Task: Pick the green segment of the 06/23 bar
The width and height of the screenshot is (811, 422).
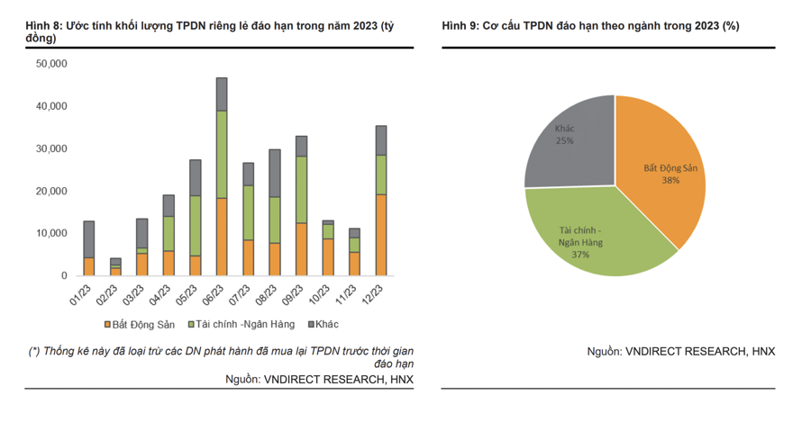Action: [x=222, y=154]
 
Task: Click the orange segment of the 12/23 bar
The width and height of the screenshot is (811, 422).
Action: [x=381, y=235]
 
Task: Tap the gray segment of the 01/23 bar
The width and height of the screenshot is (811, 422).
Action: [x=88, y=239]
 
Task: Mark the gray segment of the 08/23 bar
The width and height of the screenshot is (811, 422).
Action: [x=275, y=173]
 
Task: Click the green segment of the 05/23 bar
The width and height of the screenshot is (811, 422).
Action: [x=195, y=226]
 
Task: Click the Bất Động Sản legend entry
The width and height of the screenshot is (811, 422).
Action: [x=141, y=324]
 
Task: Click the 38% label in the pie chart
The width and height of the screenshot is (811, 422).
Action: [x=669, y=180]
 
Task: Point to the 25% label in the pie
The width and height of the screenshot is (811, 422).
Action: [x=565, y=140]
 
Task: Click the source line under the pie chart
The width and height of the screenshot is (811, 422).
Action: [x=680, y=351]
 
